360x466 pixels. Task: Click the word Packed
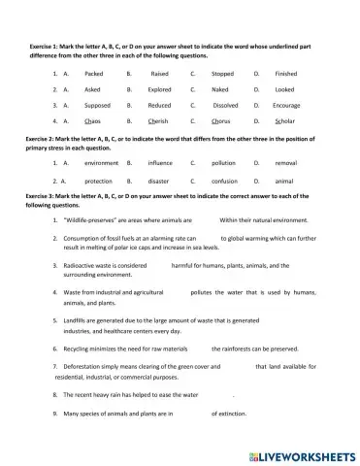coord(94,73)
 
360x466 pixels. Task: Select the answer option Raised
coord(160,73)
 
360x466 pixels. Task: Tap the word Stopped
coord(222,73)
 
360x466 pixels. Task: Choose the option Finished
coord(286,73)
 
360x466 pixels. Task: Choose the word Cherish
coord(159,121)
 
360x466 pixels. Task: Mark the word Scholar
coord(285,121)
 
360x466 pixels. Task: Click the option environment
coord(102,163)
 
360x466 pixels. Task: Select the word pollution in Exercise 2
coord(223,163)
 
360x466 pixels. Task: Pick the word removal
coord(286,163)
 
